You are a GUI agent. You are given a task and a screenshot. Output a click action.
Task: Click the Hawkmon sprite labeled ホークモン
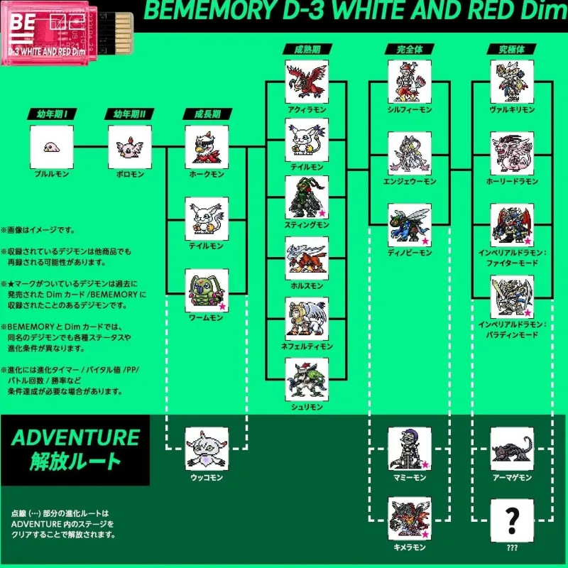[x=206, y=147]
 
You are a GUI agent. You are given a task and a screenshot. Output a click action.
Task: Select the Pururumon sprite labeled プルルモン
[x=52, y=147]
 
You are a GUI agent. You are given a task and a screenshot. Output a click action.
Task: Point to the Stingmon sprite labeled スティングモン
[x=306, y=197]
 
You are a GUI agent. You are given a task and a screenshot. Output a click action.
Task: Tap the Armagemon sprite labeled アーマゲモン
[x=512, y=449]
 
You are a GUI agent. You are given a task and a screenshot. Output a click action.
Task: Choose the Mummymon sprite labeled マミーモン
[x=409, y=449]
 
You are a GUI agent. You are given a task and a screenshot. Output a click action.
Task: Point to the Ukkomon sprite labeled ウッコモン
[x=206, y=449]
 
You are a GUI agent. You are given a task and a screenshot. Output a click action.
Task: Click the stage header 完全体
[x=409, y=50]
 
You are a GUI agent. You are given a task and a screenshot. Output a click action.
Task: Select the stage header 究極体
[x=512, y=50]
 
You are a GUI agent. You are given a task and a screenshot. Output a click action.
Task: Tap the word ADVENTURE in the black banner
[x=75, y=437]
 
